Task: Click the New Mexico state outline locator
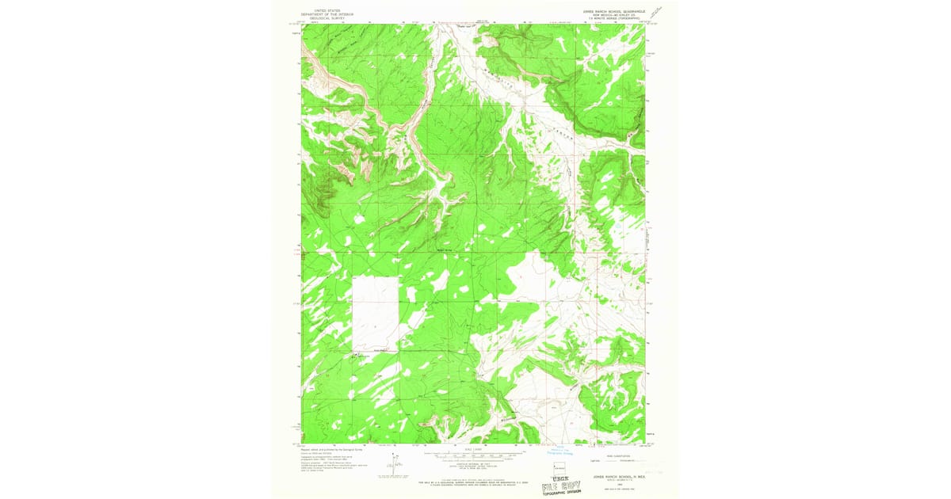pyautogui.click(x=559, y=464)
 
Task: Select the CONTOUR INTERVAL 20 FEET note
pyautogui.click(x=475, y=465)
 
